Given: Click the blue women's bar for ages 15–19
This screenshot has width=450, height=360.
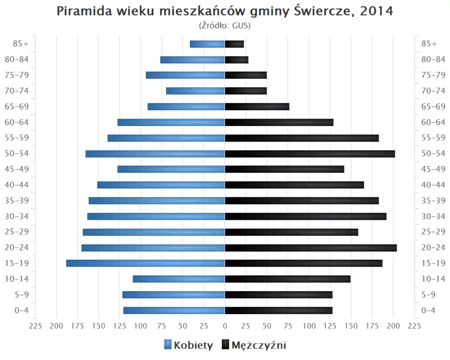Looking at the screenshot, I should [x=145, y=263].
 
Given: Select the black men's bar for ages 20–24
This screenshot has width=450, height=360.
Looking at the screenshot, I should [x=310, y=247].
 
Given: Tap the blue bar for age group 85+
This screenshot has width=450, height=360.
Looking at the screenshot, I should [x=207, y=44].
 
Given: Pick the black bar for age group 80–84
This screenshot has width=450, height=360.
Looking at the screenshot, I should [x=236, y=60].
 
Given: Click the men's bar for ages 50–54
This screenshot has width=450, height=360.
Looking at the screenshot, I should [x=309, y=154].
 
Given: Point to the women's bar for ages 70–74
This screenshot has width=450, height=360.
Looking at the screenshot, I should [x=195, y=91].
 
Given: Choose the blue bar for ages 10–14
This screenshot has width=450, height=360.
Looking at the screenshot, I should [x=179, y=279].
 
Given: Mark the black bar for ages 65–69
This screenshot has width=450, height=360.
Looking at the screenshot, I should [x=257, y=106].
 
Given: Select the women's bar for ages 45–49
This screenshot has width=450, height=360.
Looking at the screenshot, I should [x=171, y=169].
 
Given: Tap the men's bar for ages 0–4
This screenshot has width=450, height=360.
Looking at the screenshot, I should [x=278, y=310].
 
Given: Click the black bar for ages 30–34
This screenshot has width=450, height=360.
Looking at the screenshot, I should [x=305, y=216].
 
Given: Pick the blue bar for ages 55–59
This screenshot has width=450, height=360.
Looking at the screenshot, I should [x=166, y=138].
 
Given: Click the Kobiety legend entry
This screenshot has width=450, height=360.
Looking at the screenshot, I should [x=188, y=345].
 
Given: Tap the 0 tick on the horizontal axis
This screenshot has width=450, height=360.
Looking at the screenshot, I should [x=225, y=326].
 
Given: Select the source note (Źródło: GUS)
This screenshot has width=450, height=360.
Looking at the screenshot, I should [x=225, y=25].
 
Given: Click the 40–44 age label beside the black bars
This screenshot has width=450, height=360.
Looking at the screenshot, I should [x=433, y=185].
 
